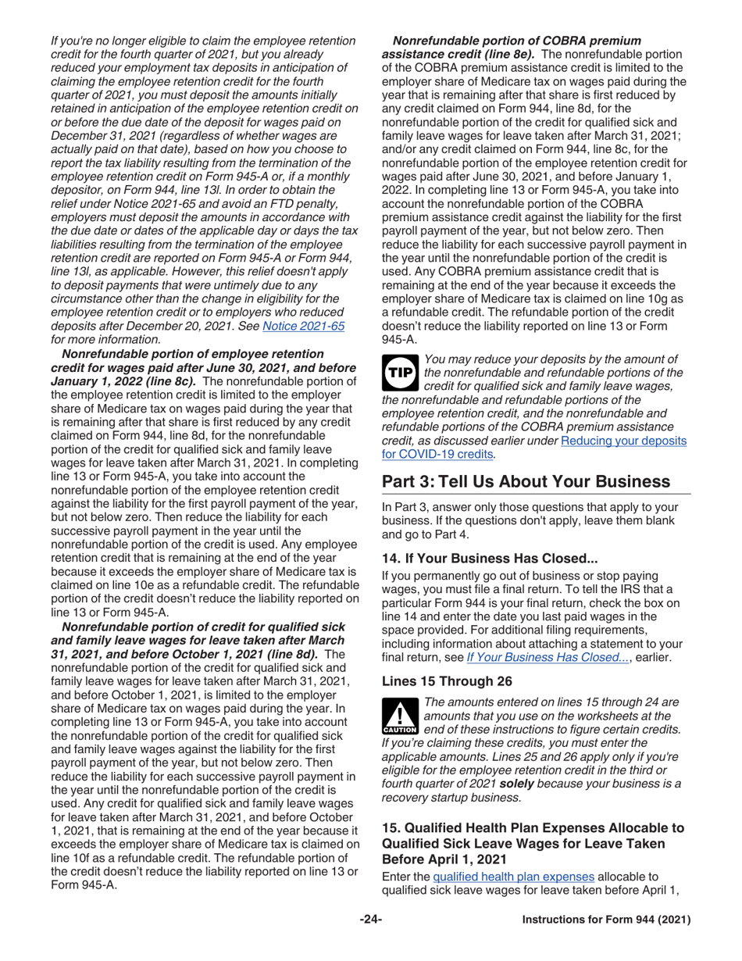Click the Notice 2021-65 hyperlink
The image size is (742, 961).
click(x=311, y=326)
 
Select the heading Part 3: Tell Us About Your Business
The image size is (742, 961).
click(x=526, y=482)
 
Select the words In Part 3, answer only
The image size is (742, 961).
click(x=446, y=508)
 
